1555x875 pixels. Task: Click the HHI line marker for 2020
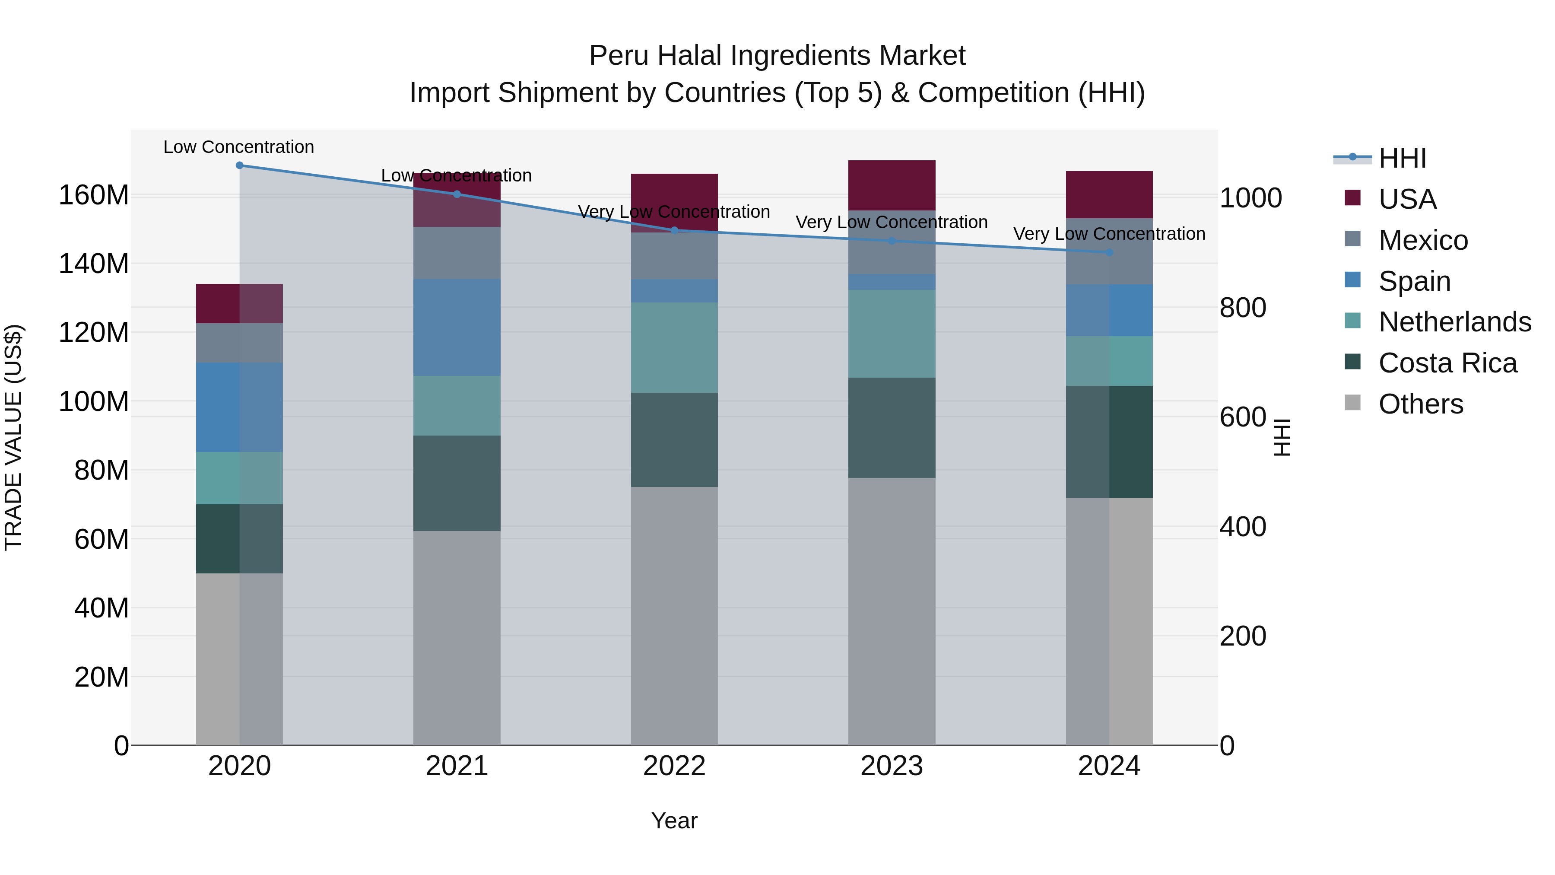tap(240, 165)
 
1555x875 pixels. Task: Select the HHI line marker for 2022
tap(674, 230)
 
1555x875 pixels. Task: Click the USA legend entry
tap(1406, 199)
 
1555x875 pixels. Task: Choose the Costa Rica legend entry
tap(1447, 363)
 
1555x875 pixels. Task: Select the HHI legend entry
tap(1402, 158)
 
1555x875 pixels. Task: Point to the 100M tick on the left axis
tap(94, 401)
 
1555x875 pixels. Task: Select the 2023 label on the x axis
tap(892, 766)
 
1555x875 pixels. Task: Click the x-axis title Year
tap(674, 821)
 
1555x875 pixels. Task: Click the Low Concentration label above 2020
tap(239, 147)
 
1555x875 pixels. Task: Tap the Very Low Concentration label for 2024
tap(1109, 234)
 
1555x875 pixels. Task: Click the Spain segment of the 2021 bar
tap(457, 327)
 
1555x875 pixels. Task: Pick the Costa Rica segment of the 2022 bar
tap(674, 439)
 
